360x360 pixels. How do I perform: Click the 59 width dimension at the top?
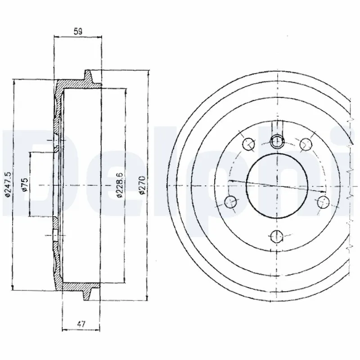[78, 32]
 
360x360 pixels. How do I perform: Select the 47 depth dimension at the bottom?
[81, 323]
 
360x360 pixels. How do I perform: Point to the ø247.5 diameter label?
[7, 184]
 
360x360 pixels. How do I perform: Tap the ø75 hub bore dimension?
[25, 184]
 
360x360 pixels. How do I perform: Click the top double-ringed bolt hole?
[278, 142]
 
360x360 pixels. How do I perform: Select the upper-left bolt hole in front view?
[248, 144]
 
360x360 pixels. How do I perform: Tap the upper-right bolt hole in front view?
[306, 144]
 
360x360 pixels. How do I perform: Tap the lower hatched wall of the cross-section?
[72, 286]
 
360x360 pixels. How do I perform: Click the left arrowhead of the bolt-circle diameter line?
[230, 181]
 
